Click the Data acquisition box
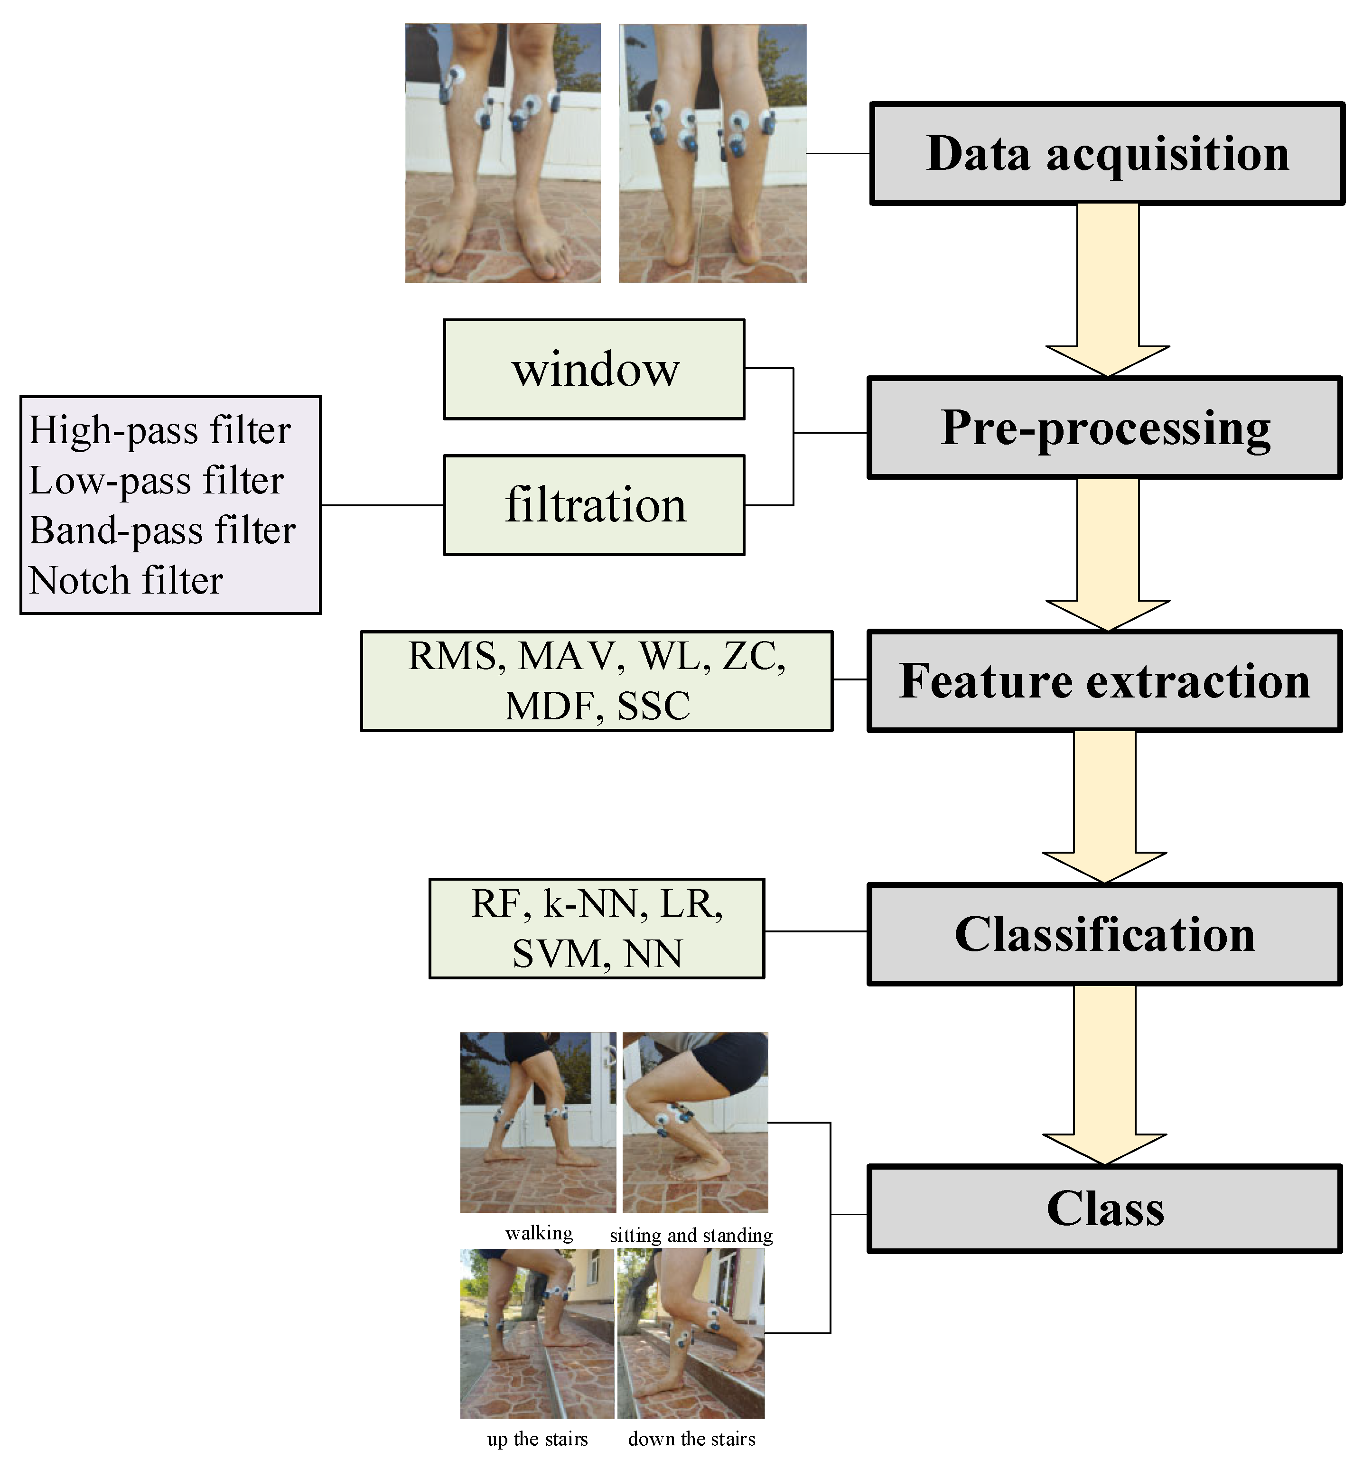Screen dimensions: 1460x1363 pos(1107,153)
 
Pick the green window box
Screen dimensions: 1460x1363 pos(594,370)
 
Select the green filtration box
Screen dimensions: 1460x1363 pos(594,505)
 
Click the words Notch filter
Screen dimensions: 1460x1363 pos(126,581)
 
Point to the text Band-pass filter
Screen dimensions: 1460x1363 pos(161,530)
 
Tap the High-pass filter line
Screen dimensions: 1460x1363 pos(159,430)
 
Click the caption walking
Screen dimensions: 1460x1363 pos(539,1233)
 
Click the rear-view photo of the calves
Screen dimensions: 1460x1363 pos(712,153)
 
